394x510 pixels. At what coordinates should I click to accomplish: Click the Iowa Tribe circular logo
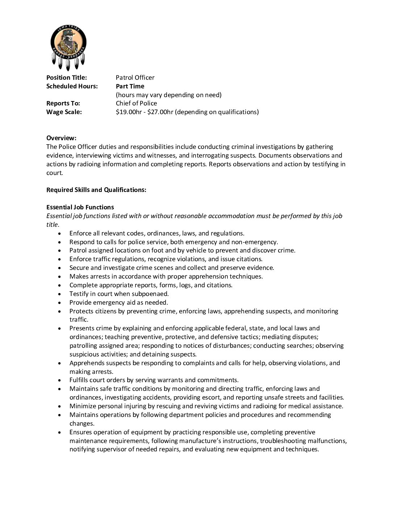tap(68, 44)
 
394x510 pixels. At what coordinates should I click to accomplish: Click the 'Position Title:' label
tap(67, 78)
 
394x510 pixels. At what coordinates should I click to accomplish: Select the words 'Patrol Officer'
tap(135, 78)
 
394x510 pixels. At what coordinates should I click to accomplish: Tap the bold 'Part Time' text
tap(130, 86)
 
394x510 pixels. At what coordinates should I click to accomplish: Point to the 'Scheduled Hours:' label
tap(72, 86)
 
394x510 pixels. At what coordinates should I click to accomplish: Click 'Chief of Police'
tap(137, 103)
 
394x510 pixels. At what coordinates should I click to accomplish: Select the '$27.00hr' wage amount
tap(161, 112)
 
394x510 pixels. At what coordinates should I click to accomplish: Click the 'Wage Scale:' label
tap(64, 112)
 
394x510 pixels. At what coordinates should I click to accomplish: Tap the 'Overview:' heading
tap(61, 138)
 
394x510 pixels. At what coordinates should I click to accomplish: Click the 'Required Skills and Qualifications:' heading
tap(96, 190)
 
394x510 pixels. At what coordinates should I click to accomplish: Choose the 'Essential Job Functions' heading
tap(80, 207)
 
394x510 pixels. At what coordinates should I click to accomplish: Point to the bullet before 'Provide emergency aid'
tap(59, 303)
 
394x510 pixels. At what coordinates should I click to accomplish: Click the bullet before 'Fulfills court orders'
tap(59, 380)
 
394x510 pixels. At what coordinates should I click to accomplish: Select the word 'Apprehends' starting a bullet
tap(85, 363)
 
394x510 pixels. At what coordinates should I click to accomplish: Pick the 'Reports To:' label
tap(63, 103)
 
